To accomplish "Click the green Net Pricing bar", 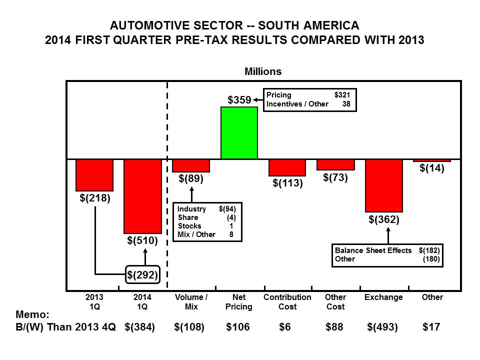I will tap(239, 133).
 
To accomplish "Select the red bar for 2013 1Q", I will tap(94, 175).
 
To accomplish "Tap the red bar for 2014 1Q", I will tap(142, 196).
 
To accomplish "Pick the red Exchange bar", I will tap(384, 185).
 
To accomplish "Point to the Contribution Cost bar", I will tap(287, 167).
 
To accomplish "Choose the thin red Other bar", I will tap(432, 160).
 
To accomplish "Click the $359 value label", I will tap(239, 100).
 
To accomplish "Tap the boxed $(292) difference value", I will tap(142, 274).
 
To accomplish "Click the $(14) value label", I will tap(432, 168).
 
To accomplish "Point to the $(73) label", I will tap(335, 177).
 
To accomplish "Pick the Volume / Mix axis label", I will tap(191, 301).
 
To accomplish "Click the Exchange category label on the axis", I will tap(384, 297).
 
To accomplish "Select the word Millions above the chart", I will tap(263, 71).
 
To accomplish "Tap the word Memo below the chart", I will tap(31, 315).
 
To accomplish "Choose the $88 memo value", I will tap(335, 327).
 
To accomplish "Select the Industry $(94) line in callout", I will tap(206, 209).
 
